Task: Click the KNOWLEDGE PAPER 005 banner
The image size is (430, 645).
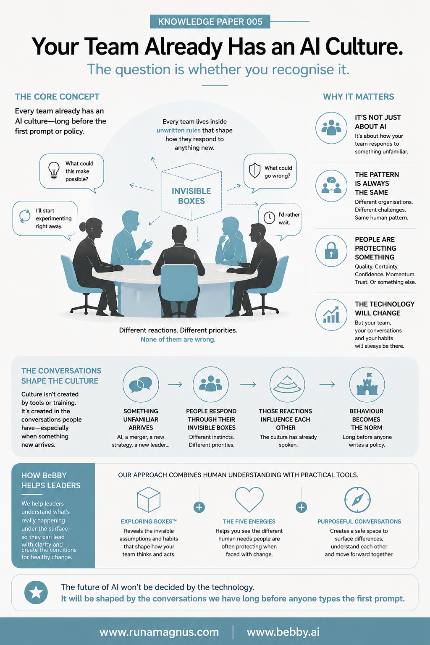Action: click(x=210, y=21)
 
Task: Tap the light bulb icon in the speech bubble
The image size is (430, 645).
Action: click(x=54, y=170)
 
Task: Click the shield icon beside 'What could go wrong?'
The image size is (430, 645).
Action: click(x=254, y=170)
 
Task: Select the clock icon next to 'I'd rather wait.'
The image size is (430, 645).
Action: click(x=269, y=218)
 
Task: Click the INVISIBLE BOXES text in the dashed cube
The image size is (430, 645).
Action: click(x=191, y=196)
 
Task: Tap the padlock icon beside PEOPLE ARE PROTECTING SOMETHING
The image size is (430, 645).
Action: click(x=331, y=251)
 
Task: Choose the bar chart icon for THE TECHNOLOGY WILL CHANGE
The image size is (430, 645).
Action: click(x=331, y=315)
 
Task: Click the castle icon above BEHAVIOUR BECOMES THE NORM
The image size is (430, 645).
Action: click(x=367, y=384)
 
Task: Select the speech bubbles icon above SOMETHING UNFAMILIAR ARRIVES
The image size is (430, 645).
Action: click(x=141, y=385)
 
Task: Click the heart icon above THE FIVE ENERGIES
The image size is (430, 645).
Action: click(x=249, y=500)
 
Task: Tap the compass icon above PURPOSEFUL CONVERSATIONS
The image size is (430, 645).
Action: click(x=357, y=500)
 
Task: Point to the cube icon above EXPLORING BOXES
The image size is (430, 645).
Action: click(x=149, y=500)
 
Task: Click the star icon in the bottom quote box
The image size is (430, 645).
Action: click(x=36, y=593)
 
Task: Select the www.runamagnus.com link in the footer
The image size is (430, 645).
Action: click(x=159, y=632)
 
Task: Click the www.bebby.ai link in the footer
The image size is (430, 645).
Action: click(x=283, y=632)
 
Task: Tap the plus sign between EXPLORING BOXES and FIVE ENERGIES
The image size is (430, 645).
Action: click(x=199, y=507)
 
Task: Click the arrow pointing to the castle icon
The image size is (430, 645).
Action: click(x=327, y=384)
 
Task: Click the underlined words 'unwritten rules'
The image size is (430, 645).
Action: click(x=178, y=131)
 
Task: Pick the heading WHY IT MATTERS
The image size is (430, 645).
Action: click(x=359, y=97)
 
